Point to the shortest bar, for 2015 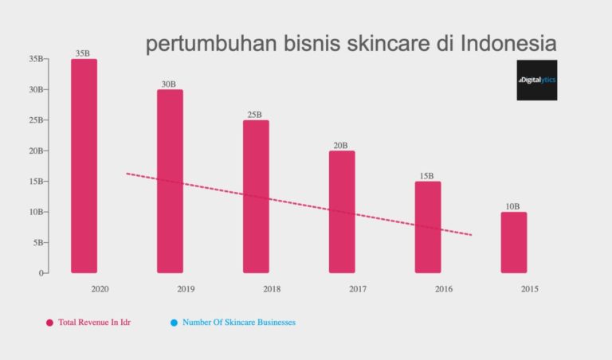pos(514,242)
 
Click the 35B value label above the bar pos(83,53)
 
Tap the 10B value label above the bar pos(513,206)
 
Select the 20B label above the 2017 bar pos(341,145)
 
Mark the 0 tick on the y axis pos(41,273)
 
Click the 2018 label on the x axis pos(272,289)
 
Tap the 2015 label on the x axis pos(530,289)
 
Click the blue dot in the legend pos(173,323)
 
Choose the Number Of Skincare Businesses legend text pos(239,323)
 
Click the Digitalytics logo pos(536,80)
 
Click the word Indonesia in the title pos(507,44)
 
